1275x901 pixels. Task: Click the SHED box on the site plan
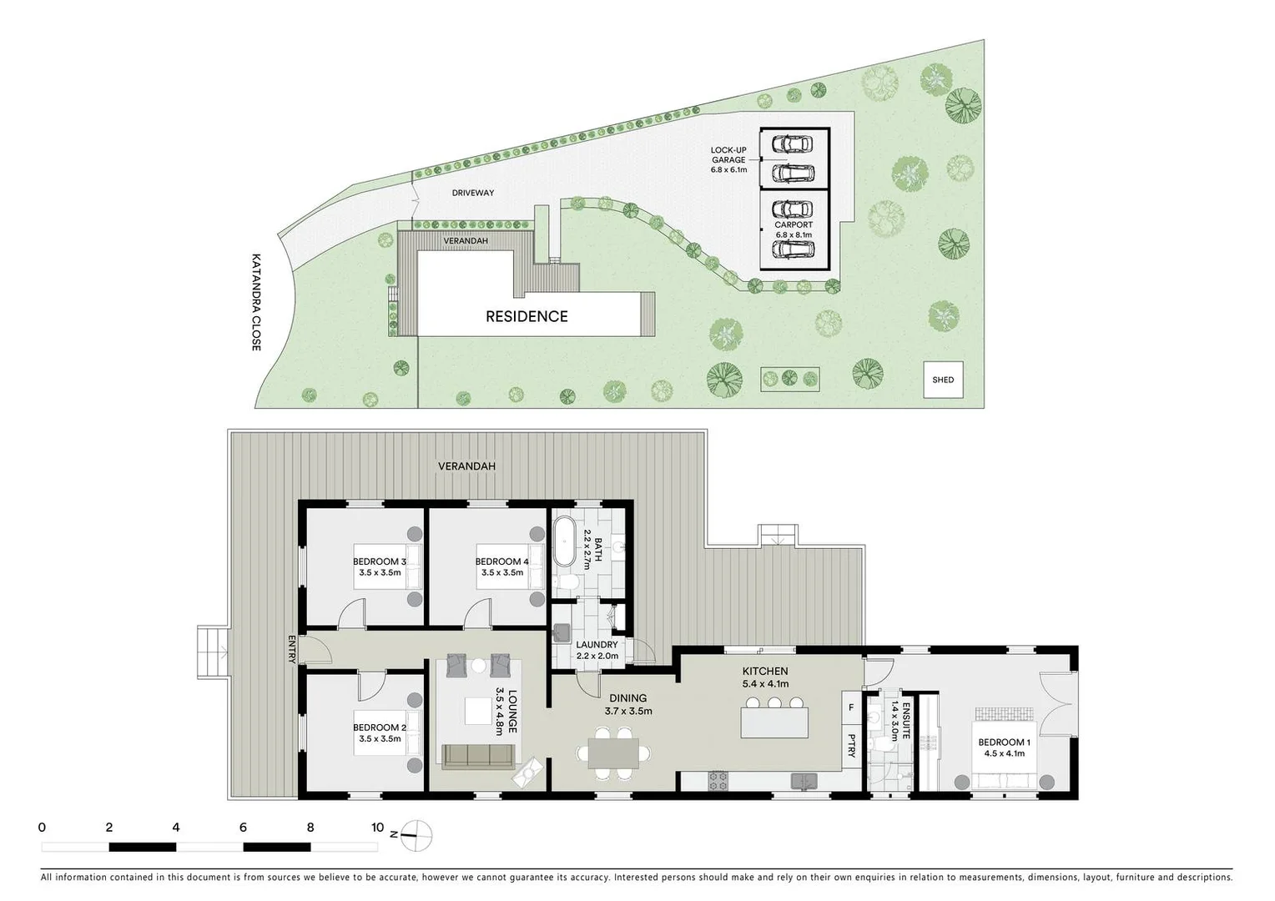[x=943, y=380]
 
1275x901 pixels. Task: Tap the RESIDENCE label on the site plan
[x=527, y=316]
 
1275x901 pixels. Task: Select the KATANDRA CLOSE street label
[x=256, y=302]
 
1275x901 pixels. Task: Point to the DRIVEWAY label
[x=473, y=193]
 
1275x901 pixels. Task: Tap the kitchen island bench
[x=774, y=722]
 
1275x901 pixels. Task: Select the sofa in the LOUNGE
[x=477, y=756]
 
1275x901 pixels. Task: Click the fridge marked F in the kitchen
[x=851, y=707]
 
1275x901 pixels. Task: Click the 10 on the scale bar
[x=377, y=828]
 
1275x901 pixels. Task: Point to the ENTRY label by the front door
[x=292, y=649]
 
